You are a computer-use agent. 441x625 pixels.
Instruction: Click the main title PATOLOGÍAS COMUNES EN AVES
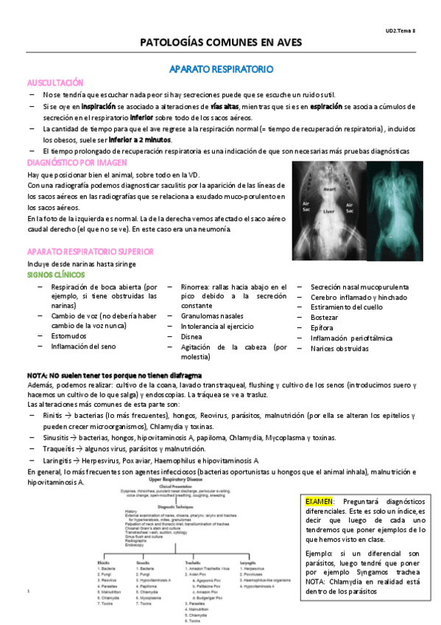[x=221, y=43]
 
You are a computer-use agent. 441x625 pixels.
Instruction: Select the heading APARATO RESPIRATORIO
[x=221, y=69]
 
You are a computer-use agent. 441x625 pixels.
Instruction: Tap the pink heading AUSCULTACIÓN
[x=55, y=83]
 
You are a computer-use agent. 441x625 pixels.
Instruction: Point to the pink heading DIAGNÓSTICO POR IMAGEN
[x=77, y=162]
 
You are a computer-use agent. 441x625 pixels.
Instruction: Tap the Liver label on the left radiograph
[x=328, y=220]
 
